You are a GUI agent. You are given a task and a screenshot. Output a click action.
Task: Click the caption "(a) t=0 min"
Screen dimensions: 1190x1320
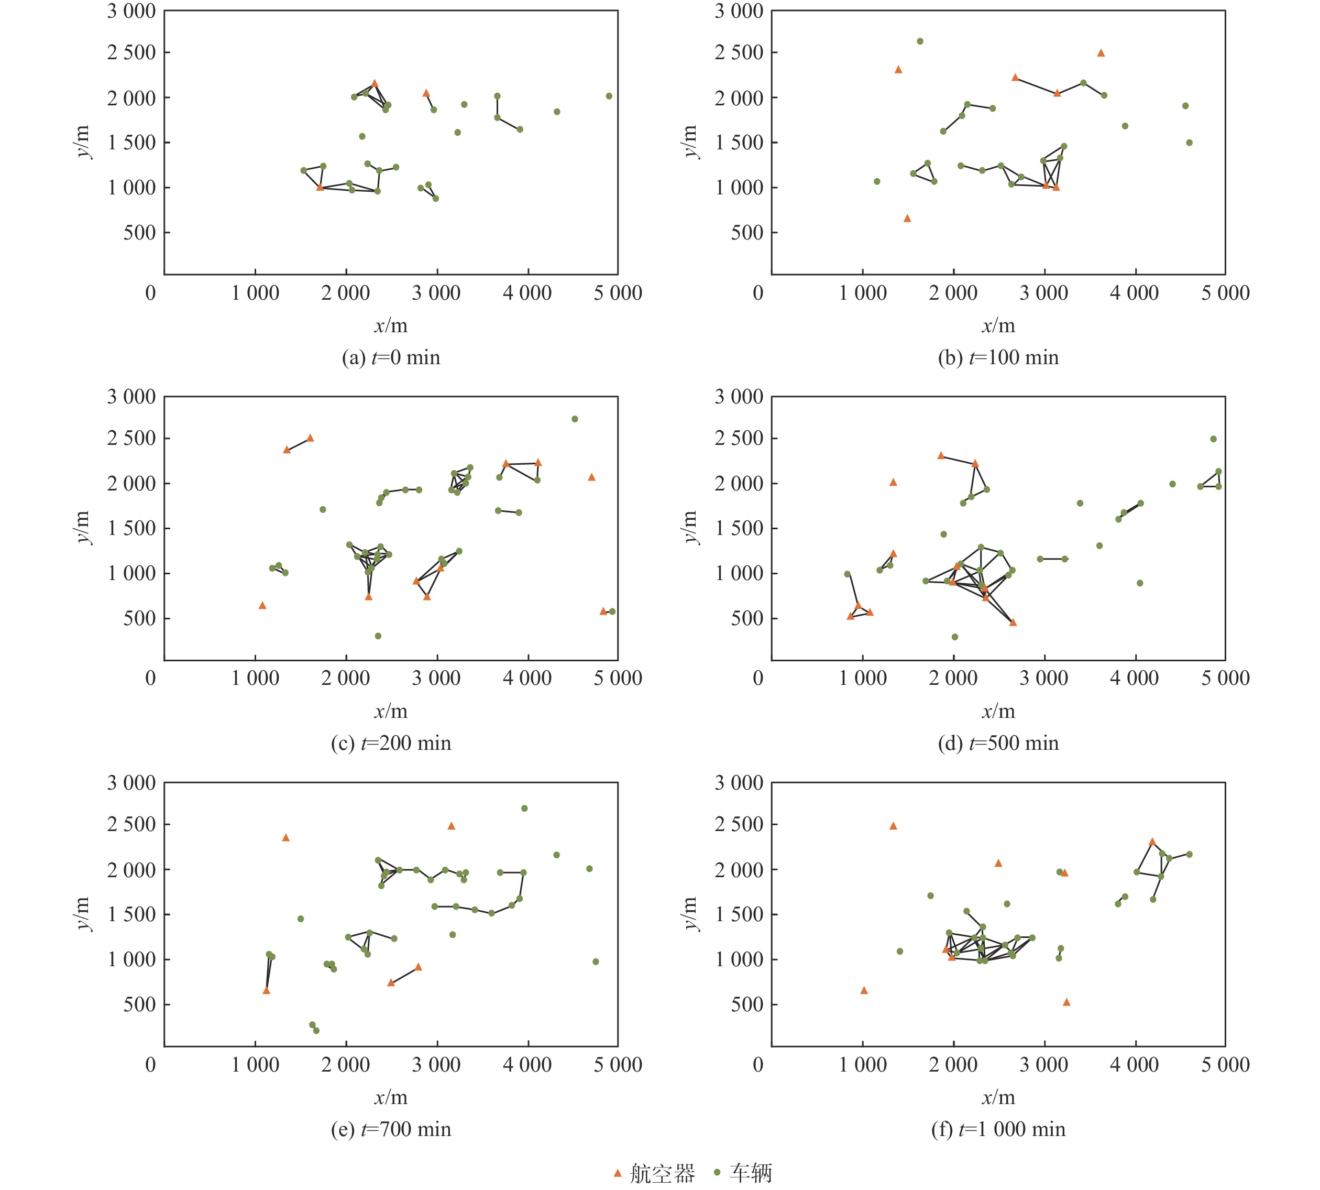[x=391, y=358]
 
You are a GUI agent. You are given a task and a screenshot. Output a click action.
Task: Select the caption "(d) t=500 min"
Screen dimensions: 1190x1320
[x=998, y=744]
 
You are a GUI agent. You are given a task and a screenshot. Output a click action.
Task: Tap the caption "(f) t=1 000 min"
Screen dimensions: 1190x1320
[x=998, y=1129]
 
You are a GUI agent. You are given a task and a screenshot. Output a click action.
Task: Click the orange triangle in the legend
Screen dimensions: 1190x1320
[x=618, y=1173]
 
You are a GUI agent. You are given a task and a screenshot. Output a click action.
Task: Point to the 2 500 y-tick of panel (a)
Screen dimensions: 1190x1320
[x=131, y=52]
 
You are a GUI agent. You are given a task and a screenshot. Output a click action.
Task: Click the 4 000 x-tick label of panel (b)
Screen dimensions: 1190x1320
[x=1135, y=293]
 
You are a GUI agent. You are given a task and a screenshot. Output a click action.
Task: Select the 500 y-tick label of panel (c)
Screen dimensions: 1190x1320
[x=140, y=618]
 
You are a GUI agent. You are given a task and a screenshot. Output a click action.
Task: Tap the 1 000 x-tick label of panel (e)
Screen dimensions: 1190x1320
[x=255, y=1064]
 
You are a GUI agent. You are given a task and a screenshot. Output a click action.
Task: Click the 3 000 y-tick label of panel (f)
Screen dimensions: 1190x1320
[x=739, y=783]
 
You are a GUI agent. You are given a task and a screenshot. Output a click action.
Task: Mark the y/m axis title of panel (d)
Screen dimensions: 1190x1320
[x=690, y=527]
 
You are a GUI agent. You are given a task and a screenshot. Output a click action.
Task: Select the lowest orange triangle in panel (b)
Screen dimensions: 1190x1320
[x=907, y=219]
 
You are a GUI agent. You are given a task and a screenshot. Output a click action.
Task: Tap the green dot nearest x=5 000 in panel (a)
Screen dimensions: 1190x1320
[x=609, y=96]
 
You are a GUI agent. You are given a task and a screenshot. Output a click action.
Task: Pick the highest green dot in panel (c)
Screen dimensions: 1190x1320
[x=575, y=419]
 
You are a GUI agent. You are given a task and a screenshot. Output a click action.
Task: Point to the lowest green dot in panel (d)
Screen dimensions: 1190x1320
[x=955, y=637]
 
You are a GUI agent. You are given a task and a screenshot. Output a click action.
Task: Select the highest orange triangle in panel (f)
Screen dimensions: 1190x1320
[x=893, y=826]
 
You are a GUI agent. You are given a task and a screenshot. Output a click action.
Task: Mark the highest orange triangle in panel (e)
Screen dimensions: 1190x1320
[x=451, y=826]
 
